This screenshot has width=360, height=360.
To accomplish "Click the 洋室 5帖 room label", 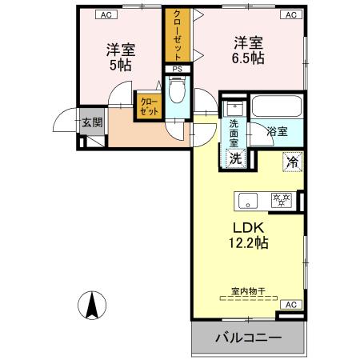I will pos(121,57).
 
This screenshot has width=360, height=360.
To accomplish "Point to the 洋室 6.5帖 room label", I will pos(248,50).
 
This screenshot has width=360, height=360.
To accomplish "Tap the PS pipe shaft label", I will pos(177,70).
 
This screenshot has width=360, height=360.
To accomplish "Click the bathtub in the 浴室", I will pos(275,107).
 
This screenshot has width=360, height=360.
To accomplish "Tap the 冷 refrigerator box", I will pos(292,161).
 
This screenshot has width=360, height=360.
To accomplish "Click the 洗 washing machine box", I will pos(235,158).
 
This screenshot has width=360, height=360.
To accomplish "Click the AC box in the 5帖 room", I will pos(105,14).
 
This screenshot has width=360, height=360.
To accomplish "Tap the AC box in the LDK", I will pos(290,305).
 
